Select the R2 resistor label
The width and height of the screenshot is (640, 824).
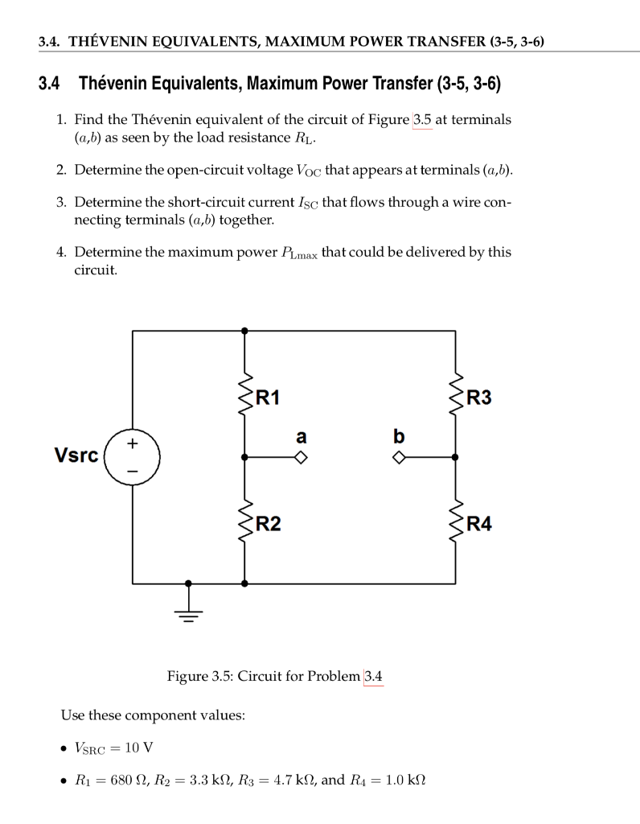coord(267,525)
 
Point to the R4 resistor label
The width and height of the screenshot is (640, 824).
coord(478,525)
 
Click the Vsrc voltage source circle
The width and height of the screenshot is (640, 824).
coord(133,456)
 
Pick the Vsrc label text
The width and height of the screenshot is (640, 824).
coord(76,455)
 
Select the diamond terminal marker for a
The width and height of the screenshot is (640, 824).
coord(300,457)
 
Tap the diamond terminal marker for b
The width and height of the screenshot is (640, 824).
coord(399,457)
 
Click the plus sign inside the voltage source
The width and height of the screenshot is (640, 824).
coord(133,443)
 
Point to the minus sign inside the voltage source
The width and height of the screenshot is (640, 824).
coord(133,470)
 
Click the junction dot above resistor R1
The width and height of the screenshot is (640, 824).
coord(244,330)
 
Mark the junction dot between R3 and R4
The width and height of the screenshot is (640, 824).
coord(455,457)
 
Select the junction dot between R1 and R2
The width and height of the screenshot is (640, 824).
coord(244,457)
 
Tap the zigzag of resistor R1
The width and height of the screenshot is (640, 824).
coord(244,393)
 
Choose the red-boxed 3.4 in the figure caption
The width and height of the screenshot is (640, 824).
coord(373,676)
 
